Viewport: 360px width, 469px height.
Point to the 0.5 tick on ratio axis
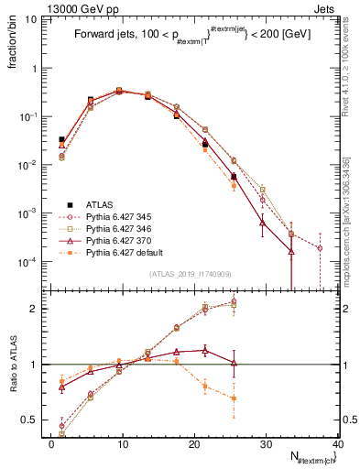[x=33, y=420]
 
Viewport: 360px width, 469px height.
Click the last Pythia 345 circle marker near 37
[x=320, y=248]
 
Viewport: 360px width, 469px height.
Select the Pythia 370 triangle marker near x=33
[x=291, y=251]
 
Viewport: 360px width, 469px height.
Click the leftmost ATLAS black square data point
[x=61, y=139]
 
